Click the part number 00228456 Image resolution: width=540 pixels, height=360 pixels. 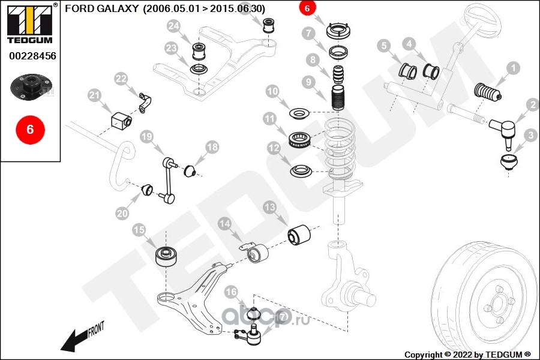point(32,56)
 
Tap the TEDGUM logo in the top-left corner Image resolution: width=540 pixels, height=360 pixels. point(31,23)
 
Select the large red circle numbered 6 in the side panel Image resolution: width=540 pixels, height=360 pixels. point(31,130)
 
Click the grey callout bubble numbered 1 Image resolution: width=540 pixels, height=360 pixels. point(513,68)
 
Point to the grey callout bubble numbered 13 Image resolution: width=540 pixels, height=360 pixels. point(269,208)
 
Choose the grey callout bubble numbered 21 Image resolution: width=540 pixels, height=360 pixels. point(94,95)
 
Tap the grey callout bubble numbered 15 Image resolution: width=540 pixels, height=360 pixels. point(139,230)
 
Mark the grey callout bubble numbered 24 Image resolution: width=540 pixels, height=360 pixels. point(173,26)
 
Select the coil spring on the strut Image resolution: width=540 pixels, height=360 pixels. point(340,149)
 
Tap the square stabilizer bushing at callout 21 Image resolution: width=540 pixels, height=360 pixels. point(121,120)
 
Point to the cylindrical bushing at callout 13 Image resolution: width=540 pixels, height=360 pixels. point(299,235)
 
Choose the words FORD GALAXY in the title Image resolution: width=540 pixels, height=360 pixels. point(102,8)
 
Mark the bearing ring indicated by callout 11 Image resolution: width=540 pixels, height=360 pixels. point(300,140)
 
